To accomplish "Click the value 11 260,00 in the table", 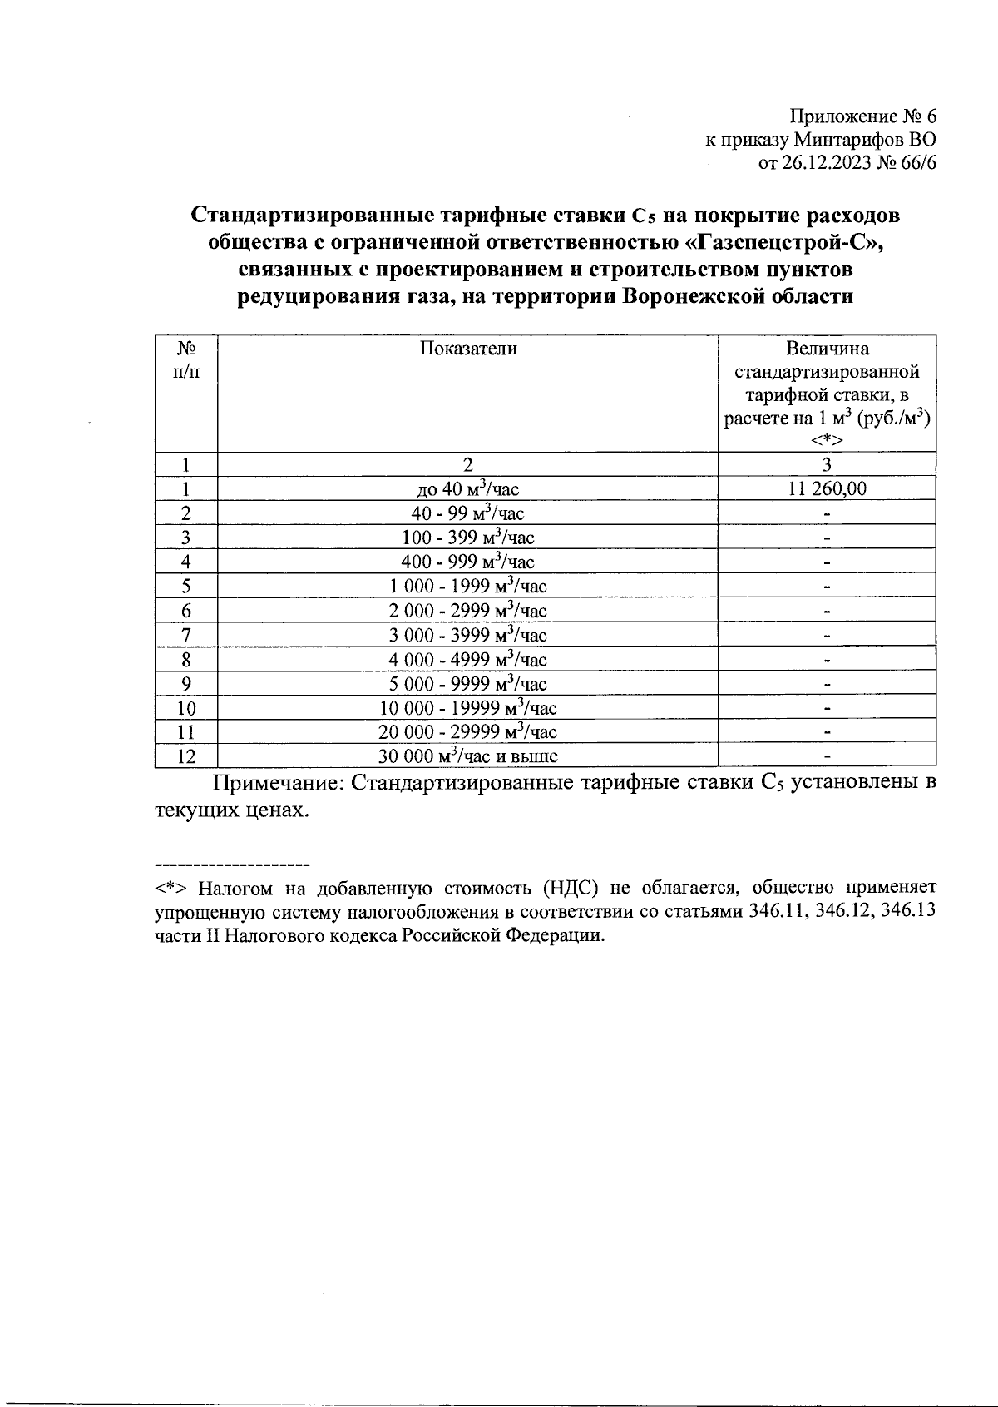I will coord(826,489).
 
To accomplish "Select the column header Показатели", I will coord(467,349).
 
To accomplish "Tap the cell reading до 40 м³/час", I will coord(467,489).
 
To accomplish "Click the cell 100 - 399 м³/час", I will coord(467,538).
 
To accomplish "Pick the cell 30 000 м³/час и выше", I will coord(467,756).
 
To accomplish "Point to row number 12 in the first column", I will coord(186,756).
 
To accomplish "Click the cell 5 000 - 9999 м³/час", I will coord(467,684).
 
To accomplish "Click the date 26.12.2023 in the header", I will coord(828,163).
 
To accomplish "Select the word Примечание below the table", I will coord(274,783).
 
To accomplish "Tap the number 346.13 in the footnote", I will coord(908,911).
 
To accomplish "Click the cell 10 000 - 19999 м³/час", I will coord(467,708).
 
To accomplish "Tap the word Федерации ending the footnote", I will coord(557,935).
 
